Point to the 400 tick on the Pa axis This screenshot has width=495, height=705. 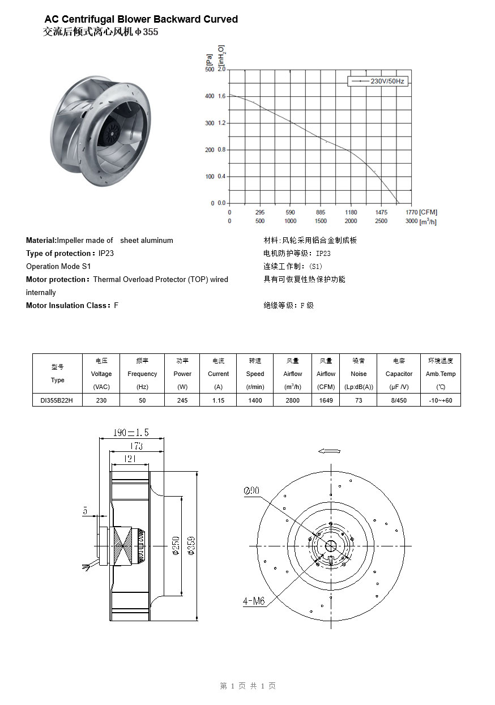click(x=210, y=96)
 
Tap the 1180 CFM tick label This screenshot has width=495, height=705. click(x=351, y=213)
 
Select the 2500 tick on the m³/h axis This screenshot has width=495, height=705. click(x=381, y=221)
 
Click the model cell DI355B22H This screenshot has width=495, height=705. click(x=57, y=400)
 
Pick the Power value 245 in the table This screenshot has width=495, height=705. click(x=182, y=400)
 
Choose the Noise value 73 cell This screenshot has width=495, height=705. click(x=359, y=400)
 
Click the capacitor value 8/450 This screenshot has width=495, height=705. click(x=399, y=400)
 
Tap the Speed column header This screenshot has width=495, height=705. click(x=255, y=374)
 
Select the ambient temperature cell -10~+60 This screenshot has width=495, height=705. click(x=441, y=400)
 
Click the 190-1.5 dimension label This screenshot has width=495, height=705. click(x=131, y=433)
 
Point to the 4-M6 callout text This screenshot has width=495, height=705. click(x=254, y=601)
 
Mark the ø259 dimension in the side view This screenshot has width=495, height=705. click(x=191, y=545)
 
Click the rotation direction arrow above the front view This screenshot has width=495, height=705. click(x=329, y=451)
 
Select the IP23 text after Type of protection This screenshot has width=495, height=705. click(x=106, y=253)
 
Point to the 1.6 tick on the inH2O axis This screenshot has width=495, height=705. click(x=221, y=96)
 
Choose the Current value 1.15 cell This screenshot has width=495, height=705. click(x=218, y=400)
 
